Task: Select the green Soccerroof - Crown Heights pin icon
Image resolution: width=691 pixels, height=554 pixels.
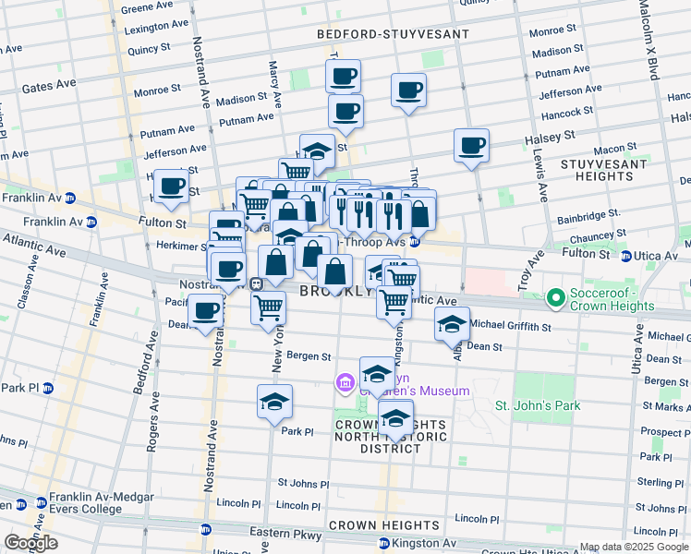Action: click(555, 298)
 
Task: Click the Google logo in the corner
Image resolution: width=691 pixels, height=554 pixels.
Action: click(30, 543)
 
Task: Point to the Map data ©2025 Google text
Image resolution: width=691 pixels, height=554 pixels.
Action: click(633, 547)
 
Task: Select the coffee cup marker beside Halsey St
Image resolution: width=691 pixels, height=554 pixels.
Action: click(471, 145)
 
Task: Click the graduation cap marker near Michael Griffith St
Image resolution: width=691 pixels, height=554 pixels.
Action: click(452, 324)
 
